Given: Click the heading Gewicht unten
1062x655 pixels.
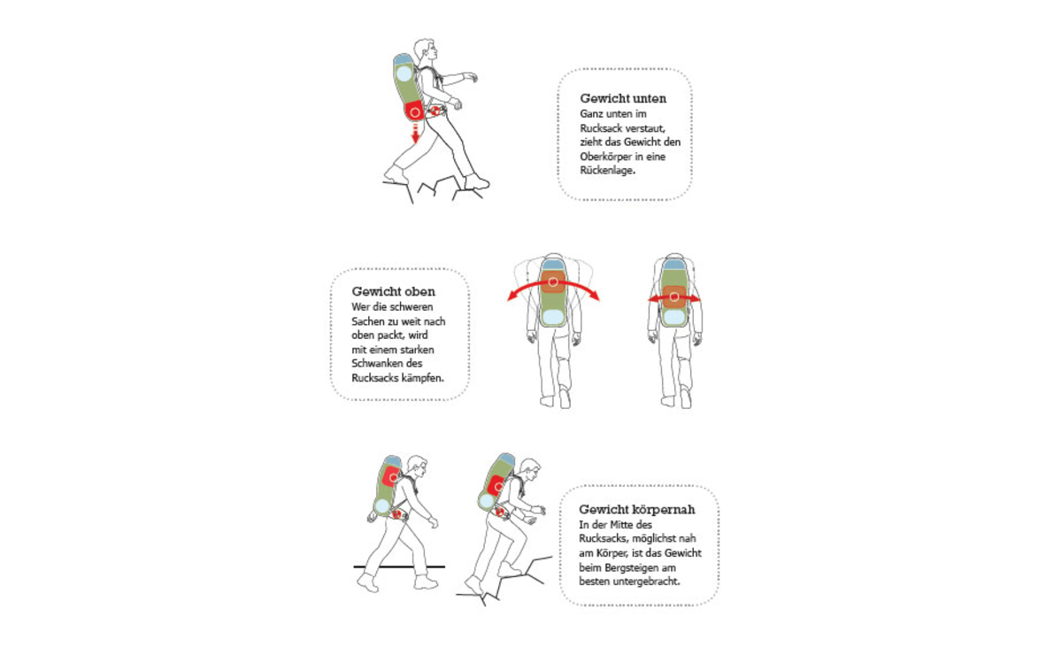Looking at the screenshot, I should pyautogui.click(x=623, y=98).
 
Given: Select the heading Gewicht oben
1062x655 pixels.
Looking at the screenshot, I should pyautogui.click(x=393, y=291).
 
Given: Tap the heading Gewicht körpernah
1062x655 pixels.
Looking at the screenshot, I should pyautogui.click(x=636, y=510).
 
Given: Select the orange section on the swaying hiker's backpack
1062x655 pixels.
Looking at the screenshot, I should pyautogui.click(x=553, y=284).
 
